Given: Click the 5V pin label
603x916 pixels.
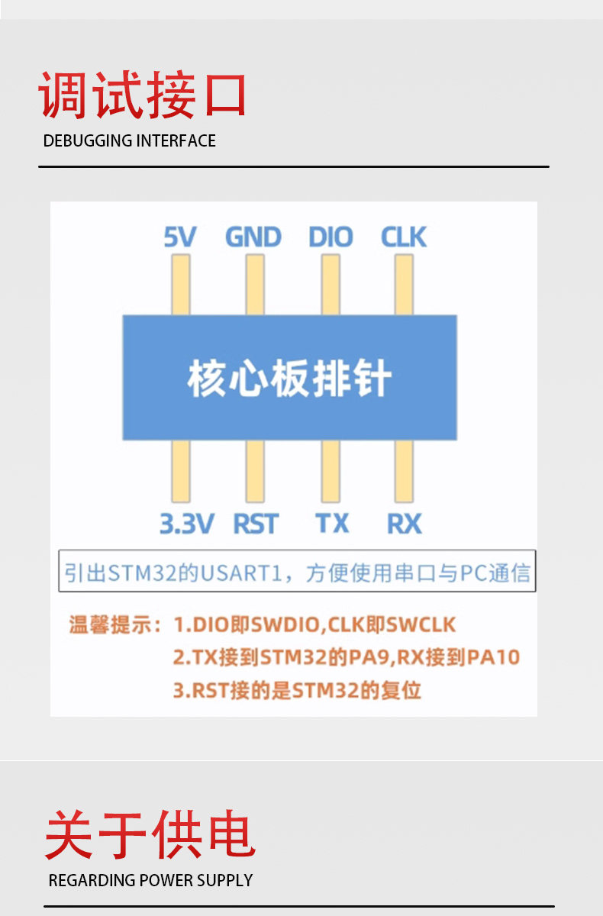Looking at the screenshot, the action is (x=180, y=237).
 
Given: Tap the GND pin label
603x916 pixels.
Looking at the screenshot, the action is (x=253, y=237).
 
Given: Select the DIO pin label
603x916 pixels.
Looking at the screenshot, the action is (x=331, y=237).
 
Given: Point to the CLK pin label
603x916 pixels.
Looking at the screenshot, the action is (x=404, y=237).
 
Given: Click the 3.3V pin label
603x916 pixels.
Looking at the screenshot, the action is (x=186, y=524).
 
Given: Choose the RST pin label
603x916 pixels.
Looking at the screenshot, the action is (x=256, y=524).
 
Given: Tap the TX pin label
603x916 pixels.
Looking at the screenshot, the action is (x=332, y=524).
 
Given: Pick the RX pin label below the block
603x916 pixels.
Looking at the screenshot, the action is (x=405, y=524).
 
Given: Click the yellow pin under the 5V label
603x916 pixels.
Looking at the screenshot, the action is (x=180, y=284).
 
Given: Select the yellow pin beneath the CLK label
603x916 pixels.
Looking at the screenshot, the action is (x=404, y=284).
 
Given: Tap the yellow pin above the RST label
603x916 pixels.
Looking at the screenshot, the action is (x=255, y=471).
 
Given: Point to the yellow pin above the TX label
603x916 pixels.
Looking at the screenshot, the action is (x=331, y=471).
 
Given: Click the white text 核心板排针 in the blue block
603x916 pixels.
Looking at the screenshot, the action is (x=290, y=379).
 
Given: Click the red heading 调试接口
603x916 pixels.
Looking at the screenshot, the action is (x=143, y=95).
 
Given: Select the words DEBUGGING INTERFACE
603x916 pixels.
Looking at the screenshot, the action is (x=130, y=140).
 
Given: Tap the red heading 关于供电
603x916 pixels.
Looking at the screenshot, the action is (x=150, y=835).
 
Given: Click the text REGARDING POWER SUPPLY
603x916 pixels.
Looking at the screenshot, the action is (x=150, y=880).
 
